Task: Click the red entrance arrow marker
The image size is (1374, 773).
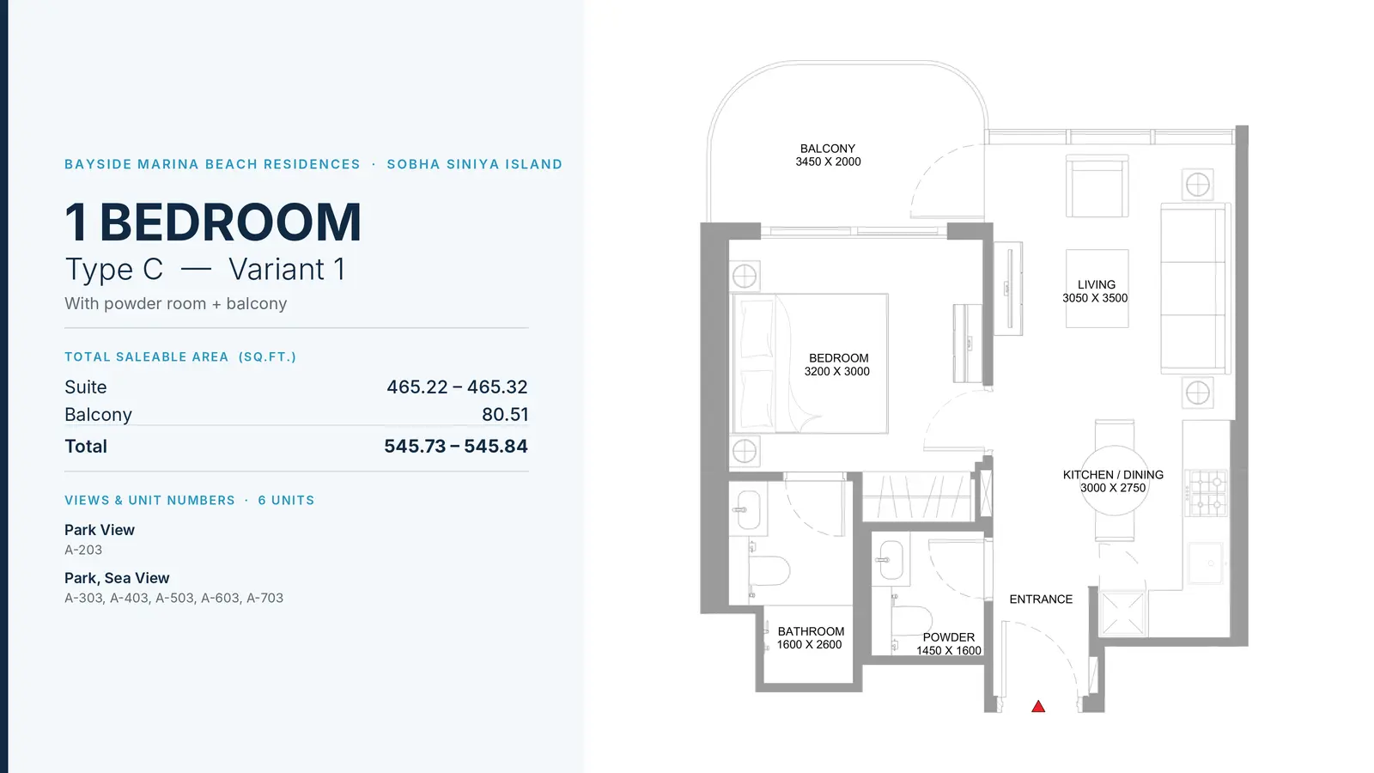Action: [1038, 707]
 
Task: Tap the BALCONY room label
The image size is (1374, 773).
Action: [828, 149]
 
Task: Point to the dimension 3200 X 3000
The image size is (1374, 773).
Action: [836, 371]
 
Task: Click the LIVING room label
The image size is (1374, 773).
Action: [1096, 284]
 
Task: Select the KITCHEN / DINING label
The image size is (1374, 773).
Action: [1113, 475]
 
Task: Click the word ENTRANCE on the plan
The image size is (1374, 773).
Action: [1041, 600]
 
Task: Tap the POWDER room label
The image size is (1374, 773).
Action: [948, 637]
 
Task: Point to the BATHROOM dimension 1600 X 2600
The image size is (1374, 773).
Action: [809, 645]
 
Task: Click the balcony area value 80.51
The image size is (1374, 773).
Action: [505, 415]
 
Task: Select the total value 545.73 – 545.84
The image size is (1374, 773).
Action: [456, 446]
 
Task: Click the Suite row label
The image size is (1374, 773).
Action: [85, 387]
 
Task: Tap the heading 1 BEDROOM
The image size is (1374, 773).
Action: [213, 222]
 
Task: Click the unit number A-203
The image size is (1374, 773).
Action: [83, 550]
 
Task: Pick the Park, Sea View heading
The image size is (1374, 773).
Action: [117, 578]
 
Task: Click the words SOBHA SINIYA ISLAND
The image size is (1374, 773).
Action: [475, 164]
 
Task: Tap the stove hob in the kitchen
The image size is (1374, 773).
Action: [1206, 493]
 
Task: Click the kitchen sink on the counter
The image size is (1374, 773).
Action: [1206, 563]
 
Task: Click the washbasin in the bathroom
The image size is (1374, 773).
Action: [748, 508]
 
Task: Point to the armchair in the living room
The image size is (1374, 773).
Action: [1097, 186]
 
